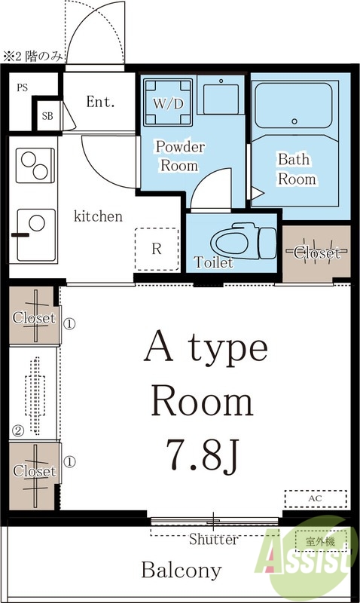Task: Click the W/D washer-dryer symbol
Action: [168, 103]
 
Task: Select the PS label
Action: [23, 87]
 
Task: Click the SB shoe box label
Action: [47, 116]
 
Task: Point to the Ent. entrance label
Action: [100, 102]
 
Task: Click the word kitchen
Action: [98, 216]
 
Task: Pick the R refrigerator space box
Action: [157, 249]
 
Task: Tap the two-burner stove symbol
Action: [35, 165]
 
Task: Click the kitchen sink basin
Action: [36, 235]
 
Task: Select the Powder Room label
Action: [180, 156]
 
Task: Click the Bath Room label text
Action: [297, 169]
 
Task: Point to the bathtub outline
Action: [294, 106]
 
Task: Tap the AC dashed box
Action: [316, 499]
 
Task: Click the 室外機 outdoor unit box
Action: [320, 541]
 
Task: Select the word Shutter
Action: [213, 539]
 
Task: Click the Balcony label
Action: [182, 571]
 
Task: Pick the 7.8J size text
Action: [203, 455]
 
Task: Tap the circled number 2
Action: [18, 430]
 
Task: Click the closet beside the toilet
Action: [316, 253]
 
